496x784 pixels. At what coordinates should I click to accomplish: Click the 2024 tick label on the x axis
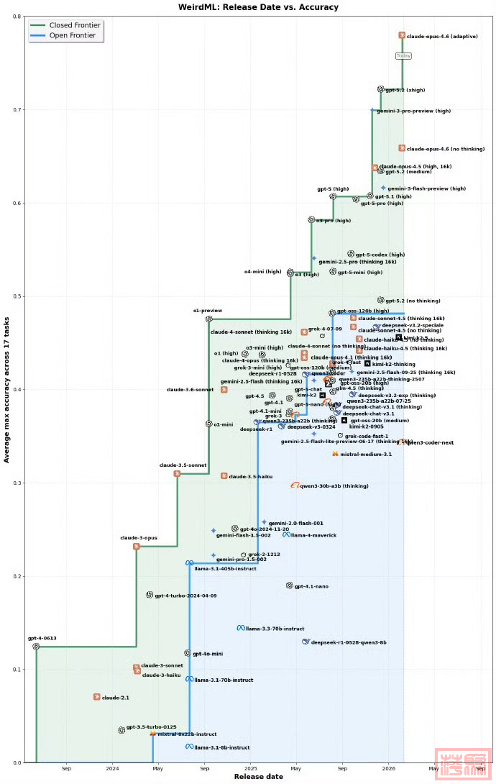(x=112, y=769)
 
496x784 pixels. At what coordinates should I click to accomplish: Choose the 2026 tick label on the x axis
(x=389, y=769)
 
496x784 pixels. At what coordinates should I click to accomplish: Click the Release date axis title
(x=259, y=777)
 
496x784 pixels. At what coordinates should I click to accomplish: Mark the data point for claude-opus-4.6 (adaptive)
(x=403, y=35)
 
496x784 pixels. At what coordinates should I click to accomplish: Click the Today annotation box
(x=404, y=55)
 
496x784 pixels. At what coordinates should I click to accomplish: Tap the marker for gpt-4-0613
(x=36, y=647)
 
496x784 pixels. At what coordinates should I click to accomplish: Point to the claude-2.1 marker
(x=97, y=697)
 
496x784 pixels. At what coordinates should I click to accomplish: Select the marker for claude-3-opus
(x=137, y=547)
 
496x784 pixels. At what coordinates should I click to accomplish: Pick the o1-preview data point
(x=209, y=319)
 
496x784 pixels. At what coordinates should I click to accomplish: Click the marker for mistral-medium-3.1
(x=336, y=454)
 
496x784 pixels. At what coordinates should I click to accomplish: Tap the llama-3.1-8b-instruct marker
(x=190, y=747)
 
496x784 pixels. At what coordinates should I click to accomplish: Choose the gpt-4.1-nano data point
(x=290, y=585)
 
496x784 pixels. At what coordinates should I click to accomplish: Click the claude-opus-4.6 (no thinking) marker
(x=403, y=148)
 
